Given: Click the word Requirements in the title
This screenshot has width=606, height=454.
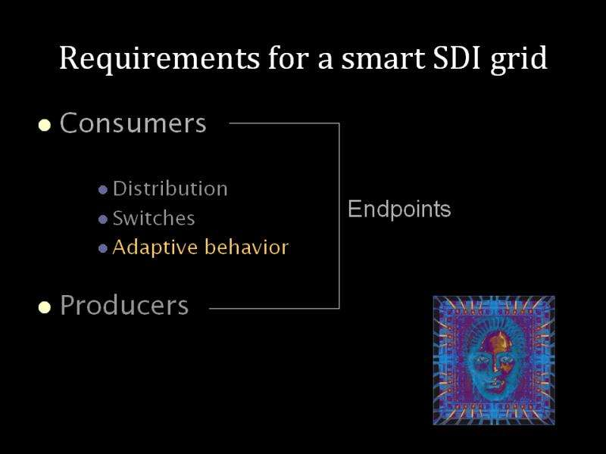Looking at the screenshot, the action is [x=160, y=59].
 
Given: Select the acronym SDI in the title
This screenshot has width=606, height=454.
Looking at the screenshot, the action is [x=458, y=58].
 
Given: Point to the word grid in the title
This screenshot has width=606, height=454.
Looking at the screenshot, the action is [x=519, y=60].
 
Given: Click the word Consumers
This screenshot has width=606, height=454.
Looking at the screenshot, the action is [x=133, y=123].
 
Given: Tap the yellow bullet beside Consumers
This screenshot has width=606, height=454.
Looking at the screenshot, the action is [x=45, y=126].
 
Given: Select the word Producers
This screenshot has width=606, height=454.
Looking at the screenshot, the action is [x=124, y=305].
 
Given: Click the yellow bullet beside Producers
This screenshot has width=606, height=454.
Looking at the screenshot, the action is [x=45, y=307].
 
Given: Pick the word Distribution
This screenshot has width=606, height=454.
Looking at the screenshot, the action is [x=170, y=188].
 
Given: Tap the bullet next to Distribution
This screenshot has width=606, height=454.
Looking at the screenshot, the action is [x=103, y=190].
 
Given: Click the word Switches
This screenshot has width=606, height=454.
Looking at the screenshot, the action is [x=154, y=218].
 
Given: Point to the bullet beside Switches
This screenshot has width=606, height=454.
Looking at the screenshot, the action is [x=103, y=219].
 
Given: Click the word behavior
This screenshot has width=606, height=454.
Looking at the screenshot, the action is [x=247, y=247].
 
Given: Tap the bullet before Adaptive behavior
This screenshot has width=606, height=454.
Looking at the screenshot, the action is [x=103, y=248].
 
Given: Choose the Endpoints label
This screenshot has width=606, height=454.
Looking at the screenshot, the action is [x=399, y=210].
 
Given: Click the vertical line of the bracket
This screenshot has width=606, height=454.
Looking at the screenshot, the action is [x=339, y=216].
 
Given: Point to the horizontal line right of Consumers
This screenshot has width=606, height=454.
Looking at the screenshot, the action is [x=284, y=123].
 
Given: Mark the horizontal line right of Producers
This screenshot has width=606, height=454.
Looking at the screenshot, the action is [x=274, y=309].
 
